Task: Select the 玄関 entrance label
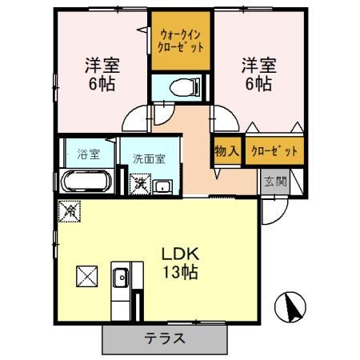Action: (x=274, y=180)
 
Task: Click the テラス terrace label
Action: (x=165, y=338)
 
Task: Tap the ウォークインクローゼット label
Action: (x=181, y=40)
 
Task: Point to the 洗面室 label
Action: (x=149, y=158)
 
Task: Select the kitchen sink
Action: (x=121, y=279)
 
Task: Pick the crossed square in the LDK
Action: (x=86, y=276)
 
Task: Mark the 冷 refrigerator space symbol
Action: (x=69, y=212)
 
